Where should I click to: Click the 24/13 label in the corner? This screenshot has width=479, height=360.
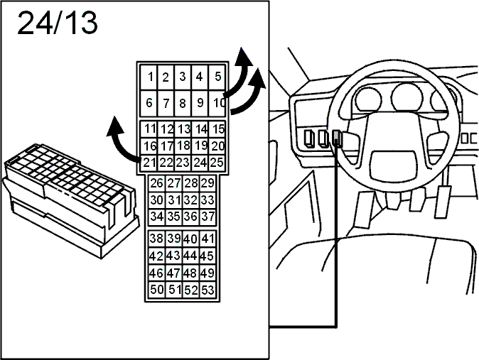click(x=58, y=23)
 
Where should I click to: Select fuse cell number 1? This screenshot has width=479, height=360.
click(x=149, y=77)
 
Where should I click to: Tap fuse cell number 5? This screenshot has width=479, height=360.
click(x=217, y=77)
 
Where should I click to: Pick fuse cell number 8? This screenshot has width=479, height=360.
click(x=183, y=103)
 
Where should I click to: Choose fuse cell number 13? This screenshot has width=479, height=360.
click(x=183, y=129)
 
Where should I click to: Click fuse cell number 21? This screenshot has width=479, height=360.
click(x=149, y=163)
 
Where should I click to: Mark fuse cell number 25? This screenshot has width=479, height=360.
click(x=217, y=163)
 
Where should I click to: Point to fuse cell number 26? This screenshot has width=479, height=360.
click(x=157, y=183)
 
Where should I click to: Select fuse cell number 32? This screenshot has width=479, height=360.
click(x=190, y=200)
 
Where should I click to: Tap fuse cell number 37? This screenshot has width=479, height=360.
click(x=208, y=217)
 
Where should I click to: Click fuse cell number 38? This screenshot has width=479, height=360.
click(x=157, y=239)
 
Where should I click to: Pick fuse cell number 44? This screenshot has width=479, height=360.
click(x=190, y=256)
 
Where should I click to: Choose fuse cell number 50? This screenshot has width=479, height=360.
click(x=157, y=290)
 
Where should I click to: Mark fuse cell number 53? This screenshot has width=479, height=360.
click(x=208, y=290)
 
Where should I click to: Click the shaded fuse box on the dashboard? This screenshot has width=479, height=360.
click(x=337, y=138)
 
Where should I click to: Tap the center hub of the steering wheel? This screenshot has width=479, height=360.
click(x=394, y=165)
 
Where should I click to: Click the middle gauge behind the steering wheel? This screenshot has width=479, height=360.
click(x=407, y=98)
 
